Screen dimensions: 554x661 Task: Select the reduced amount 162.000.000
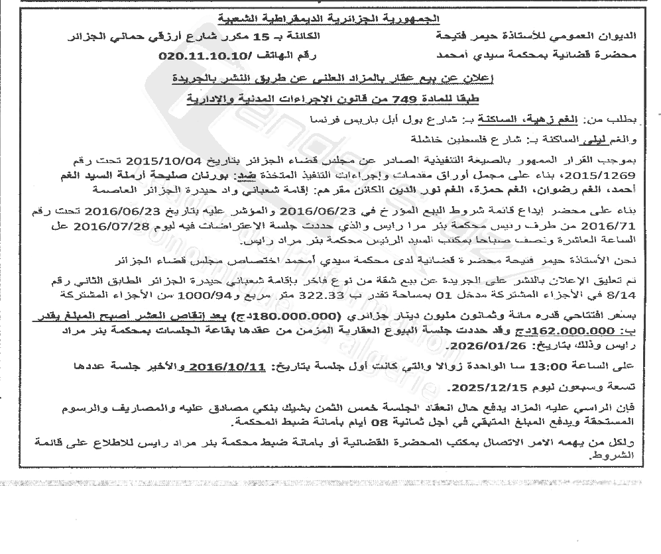click(583, 329)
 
